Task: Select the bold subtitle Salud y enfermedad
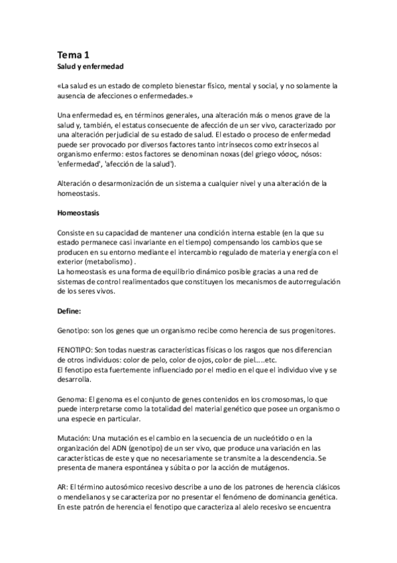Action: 91,68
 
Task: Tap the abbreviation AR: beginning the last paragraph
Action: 64,487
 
